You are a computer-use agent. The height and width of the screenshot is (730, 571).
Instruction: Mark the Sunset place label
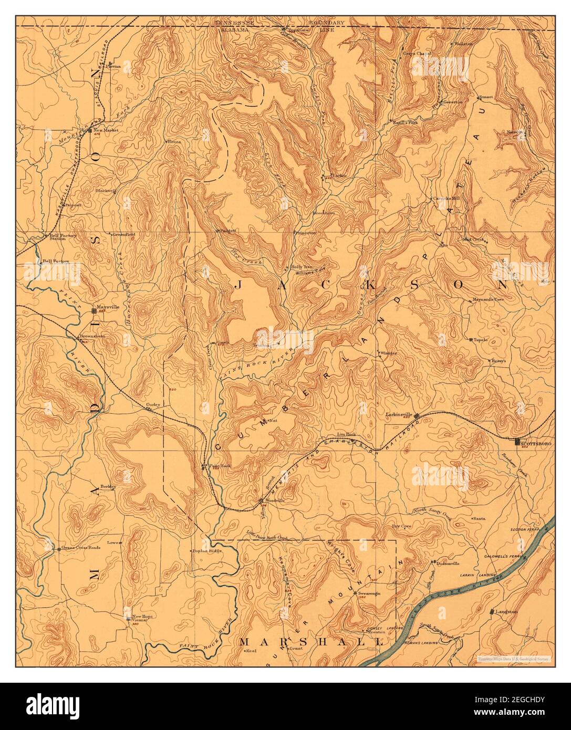point(486,98)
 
